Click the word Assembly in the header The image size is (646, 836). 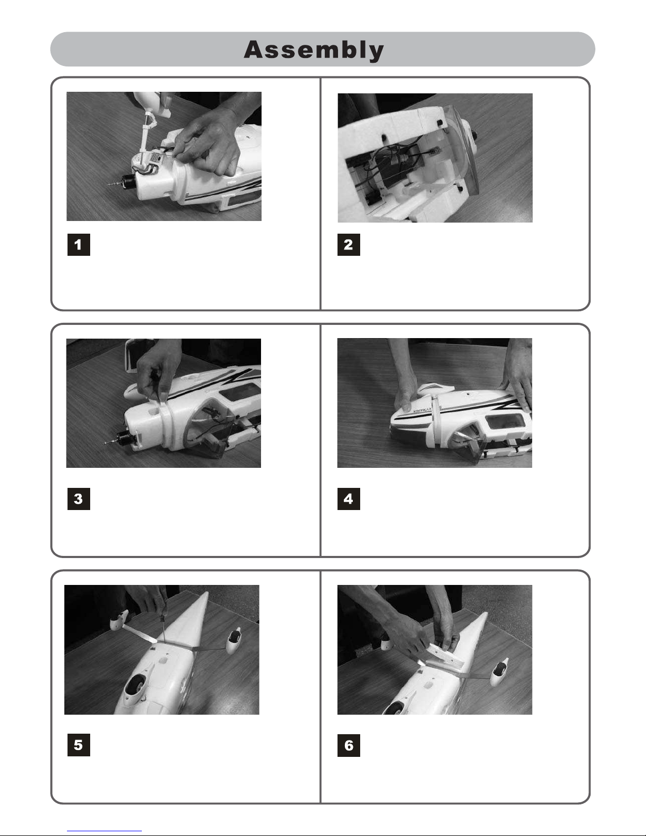coord(314,50)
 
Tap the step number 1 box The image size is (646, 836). coord(79,245)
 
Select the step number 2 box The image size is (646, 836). coord(349,245)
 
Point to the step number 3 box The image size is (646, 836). coord(79,499)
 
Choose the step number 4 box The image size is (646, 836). coord(349,499)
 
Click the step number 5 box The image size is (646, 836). coord(79,745)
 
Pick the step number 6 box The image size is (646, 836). coord(349,746)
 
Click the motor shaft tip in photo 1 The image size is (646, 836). coord(108,185)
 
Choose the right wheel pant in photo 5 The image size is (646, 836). coord(234,640)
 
